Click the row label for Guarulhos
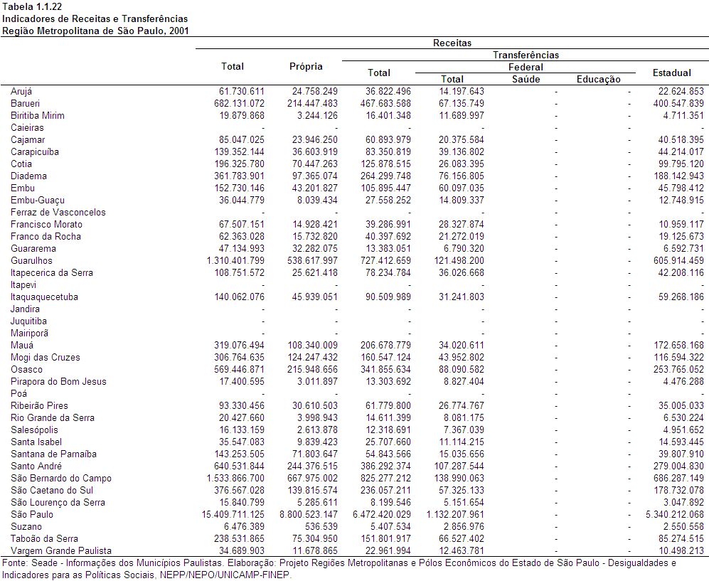[x=31, y=260]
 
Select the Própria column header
[x=306, y=66]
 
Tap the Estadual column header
[x=672, y=73]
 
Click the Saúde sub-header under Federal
[x=526, y=79]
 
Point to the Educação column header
[x=599, y=79]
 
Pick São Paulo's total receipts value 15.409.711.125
[x=233, y=515]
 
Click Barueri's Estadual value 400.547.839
[x=678, y=104]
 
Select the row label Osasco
[x=26, y=369]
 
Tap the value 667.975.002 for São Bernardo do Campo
[x=309, y=479]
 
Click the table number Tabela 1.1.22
[x=32, y=7]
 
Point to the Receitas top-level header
[x=452, y=43]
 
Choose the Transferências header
[x=526, y=55]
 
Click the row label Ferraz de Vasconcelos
[x=58, y=212]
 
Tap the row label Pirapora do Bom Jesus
[x=58, y=382]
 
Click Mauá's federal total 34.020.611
[x=462, y=346]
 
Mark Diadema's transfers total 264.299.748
[x=385, y=176]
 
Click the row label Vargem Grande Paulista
[x=61, y=550]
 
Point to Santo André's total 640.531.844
[x=239, y=467]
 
